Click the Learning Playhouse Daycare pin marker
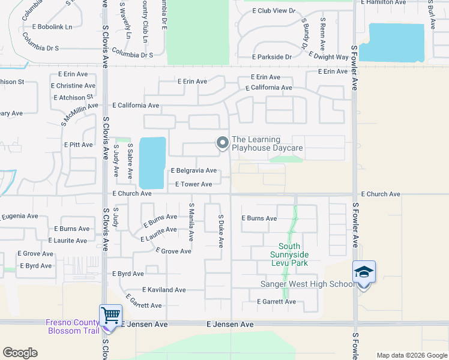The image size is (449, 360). pyautogui.click(x=223, y=143)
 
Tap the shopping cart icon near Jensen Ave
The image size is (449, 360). pyautogui.click(x=110, y=314)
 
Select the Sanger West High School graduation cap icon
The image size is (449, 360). pyautogui.click(x=364, y=271)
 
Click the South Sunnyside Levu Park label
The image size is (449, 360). pyautogui.click(x=289, y=254)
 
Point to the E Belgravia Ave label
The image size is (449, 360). pyautogui.click(x=193, y=171)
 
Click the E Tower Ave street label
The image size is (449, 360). pyautogui.click(x=193, y=184)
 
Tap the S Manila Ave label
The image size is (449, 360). pyautogui.click(x=191, y=222)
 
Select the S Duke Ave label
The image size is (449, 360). pyautogui.click(x=221, y=231)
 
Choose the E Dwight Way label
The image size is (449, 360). pyautogui.click(x=328, y=57)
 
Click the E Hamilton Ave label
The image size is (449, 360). pyautogui.click(x=389, y=2)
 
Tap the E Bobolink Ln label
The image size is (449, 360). pyautogui.click(x=52, y=27)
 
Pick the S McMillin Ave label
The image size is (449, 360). pyautogui.click(x=79, y=113)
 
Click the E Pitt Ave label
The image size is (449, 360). pyautogui.click(x=79, y=145)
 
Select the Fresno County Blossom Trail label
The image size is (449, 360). pyautogui.click(x=73, y=326)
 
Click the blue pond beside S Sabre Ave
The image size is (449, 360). pyautogui.click(x=152, y=162)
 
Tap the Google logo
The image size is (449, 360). pyautogui.click(x=20, y=353)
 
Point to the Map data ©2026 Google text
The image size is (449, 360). pyautogui.click(x=411, y=355)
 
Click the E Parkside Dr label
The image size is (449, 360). pyautogui.click(x=272, y=57)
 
